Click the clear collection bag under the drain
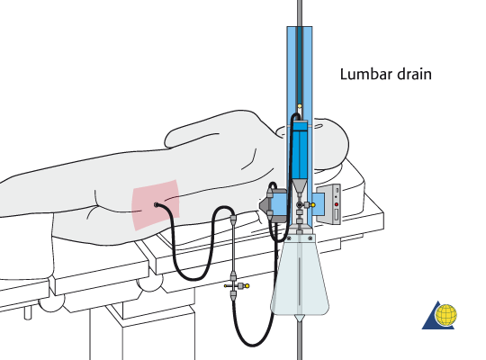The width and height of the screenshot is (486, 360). click(x=299, y=279)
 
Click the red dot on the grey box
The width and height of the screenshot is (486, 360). click(x=336, y=204)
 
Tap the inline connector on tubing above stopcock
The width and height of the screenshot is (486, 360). click(x=233, y=219)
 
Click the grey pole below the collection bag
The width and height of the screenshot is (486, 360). click(x=299, y=342)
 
